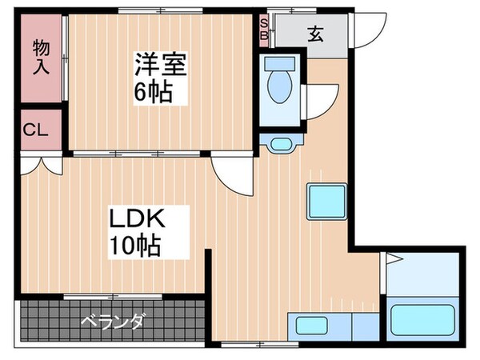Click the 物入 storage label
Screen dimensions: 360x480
click(42, 57)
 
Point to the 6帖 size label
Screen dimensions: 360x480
click(154, 91)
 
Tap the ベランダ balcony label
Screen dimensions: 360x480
click(112, 322)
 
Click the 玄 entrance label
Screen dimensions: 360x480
click(315, 34)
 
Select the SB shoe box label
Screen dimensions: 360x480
click(264, 30)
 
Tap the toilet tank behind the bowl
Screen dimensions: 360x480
click(279, 63)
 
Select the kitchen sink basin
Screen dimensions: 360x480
click(312, 326)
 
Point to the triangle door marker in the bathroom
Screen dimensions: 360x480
click(392, 258)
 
